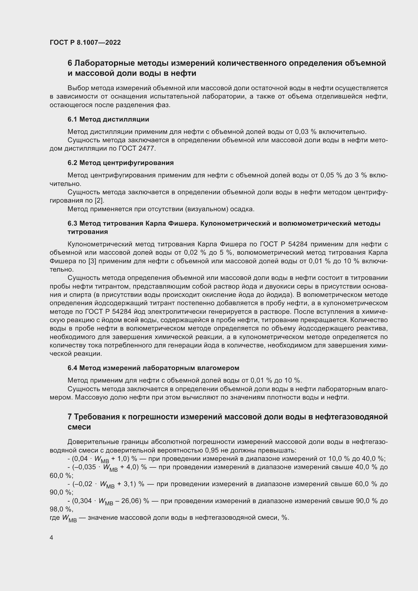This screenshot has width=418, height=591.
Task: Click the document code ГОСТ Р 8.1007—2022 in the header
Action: [x=85, y=43]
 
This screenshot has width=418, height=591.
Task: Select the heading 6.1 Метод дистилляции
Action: [x=108, y=120]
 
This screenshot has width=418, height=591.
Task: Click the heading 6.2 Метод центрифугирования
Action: [x=121, y=163]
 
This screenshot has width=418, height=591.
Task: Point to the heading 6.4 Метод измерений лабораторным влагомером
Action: [x=153, y=368]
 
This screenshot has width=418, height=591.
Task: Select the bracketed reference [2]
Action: [x=99, y=201]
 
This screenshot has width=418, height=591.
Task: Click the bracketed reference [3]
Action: [x=92, y=261]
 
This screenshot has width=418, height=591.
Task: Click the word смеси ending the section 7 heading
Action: [x=79, y=427]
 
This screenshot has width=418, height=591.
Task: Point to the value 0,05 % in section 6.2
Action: [x=331, y=175]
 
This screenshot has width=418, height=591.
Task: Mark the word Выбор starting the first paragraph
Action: [x=76, y=88]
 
